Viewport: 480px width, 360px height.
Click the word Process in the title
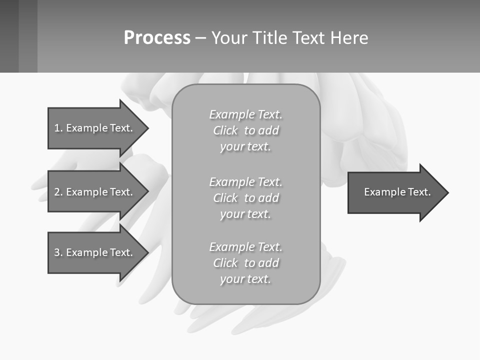pos(157,38)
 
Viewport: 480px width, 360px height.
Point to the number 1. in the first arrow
pos(58,128)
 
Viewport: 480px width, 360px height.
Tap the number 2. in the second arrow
pos(58,192)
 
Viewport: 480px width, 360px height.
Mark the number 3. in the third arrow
pos(58,252)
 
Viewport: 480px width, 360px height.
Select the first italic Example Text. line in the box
pos(245,114)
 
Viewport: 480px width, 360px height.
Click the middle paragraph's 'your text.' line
pos(245,214)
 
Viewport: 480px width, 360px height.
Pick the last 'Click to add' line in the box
pos(245,263)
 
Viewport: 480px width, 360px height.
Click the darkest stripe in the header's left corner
pos(9,36)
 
